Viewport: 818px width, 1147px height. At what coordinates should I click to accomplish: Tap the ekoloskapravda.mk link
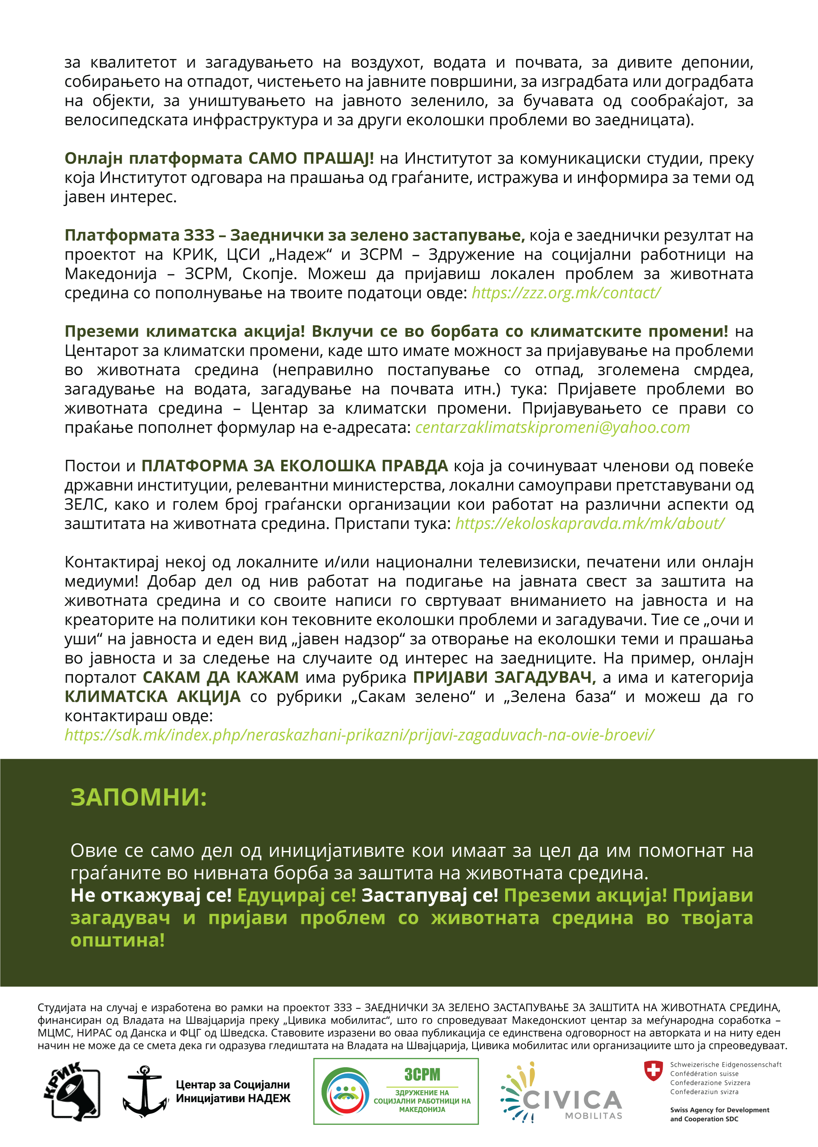(x=589, y=524)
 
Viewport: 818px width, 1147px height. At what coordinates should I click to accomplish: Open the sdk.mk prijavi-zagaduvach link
(x=359, y=735)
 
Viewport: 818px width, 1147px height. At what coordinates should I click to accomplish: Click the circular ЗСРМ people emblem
(x=346, y=1092)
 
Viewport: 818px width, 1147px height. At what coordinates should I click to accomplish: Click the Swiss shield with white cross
(x=653, y=1071)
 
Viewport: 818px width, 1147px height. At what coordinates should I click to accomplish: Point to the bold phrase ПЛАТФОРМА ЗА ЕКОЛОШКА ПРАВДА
(x=294, y=466)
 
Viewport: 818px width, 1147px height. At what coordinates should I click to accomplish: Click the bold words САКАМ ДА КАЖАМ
(x=221, y=678)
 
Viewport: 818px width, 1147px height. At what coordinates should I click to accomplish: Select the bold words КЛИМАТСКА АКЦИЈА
(x=153, y=697)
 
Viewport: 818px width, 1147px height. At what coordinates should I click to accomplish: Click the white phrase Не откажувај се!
(x=151, y=895)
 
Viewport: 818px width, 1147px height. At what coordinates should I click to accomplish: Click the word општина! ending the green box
(x=117, y=940)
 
